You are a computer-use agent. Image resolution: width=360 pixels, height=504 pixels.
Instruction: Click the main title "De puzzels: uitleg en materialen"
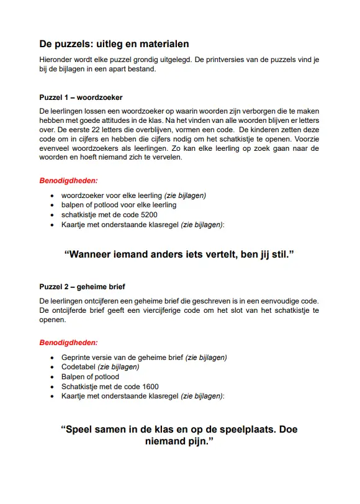pos(114,44)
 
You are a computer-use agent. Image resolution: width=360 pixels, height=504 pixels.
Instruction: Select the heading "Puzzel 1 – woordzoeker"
pos(81,97)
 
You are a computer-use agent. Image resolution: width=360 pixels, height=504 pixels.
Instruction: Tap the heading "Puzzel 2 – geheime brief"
pos(82,287)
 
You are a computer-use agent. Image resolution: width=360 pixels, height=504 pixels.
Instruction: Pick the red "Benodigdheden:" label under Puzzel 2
pos(68,343)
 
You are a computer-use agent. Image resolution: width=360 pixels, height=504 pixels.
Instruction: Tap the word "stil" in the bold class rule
pos(278,254)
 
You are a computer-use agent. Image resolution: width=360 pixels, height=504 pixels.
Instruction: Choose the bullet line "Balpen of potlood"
pos(90,377)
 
